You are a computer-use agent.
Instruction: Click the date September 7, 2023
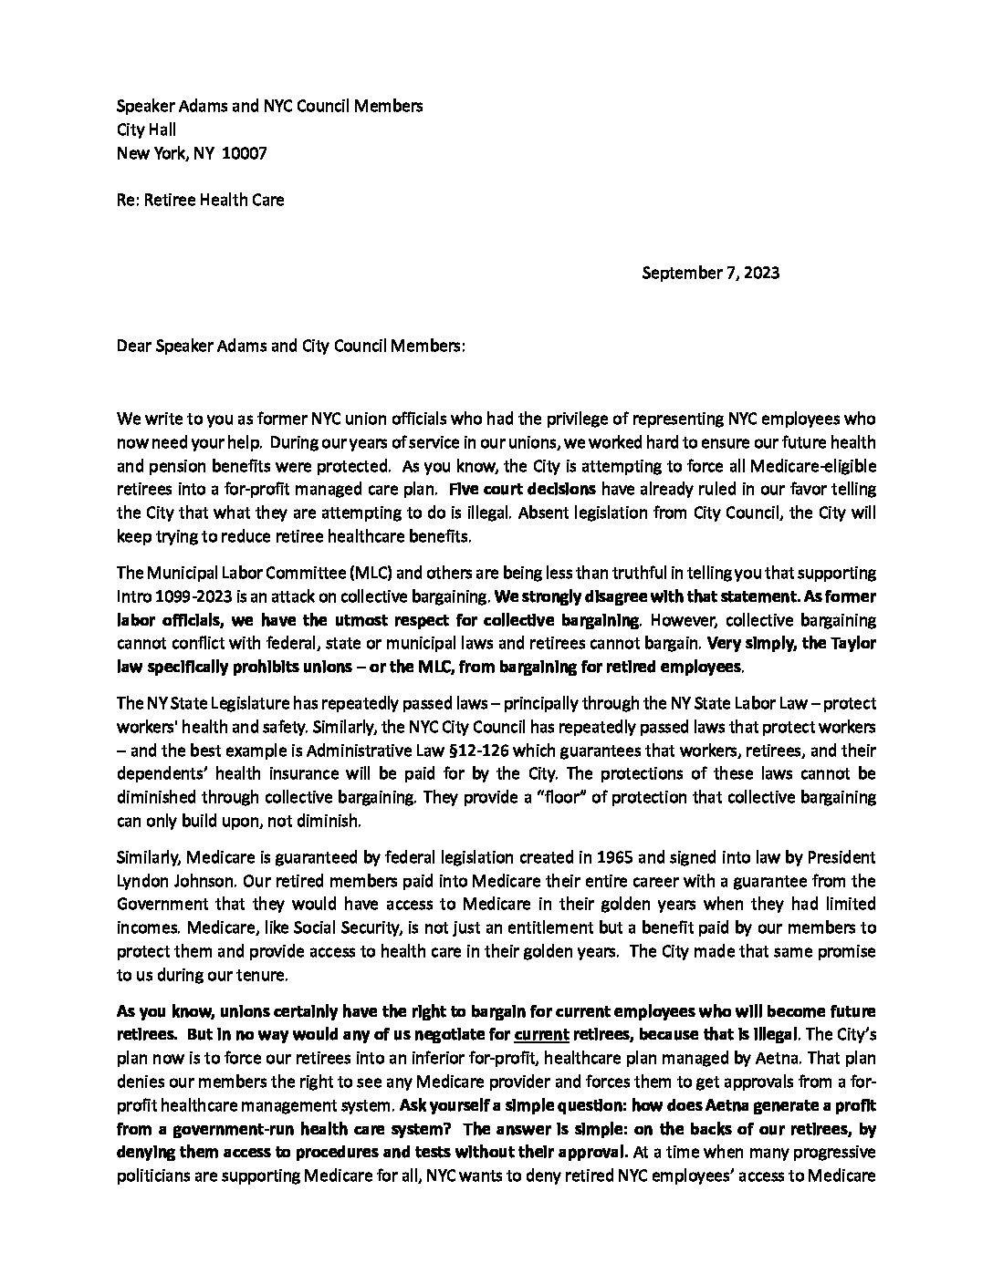coord(710,272)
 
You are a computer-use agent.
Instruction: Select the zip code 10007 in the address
coord(245,153)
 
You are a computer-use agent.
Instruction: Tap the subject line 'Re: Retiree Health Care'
coord(200,200)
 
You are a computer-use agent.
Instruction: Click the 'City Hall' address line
coord(146,129)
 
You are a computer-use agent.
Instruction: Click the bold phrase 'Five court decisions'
coord(522,488)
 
